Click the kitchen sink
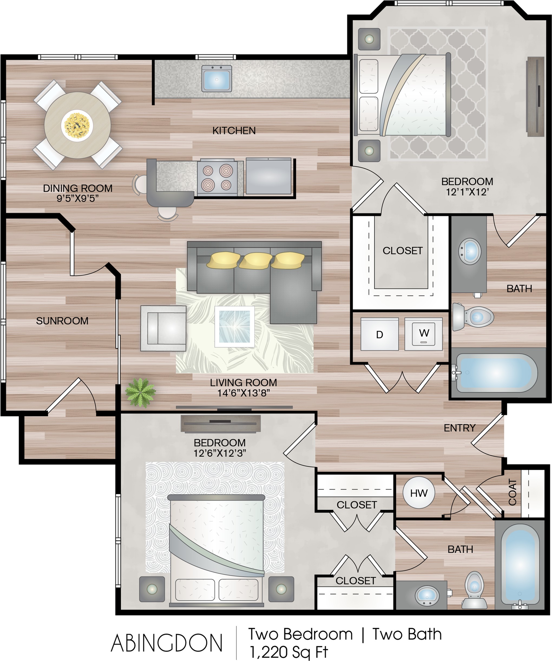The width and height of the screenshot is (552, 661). click(x=216, y=78)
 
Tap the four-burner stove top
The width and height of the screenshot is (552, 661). click(x=217, y=178)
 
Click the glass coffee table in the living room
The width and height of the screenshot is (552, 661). click(x=235, y=326)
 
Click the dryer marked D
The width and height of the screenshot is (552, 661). click(x=379, y=334)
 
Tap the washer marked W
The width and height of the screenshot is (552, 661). click(x=424, y=334)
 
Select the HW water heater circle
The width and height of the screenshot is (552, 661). click(x=419, y=493)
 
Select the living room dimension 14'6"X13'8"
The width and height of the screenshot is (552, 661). click(x=244, y=393)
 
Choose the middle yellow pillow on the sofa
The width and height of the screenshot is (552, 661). click(x=255, y=260)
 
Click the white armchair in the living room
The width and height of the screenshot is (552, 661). click(x=163, y=328)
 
